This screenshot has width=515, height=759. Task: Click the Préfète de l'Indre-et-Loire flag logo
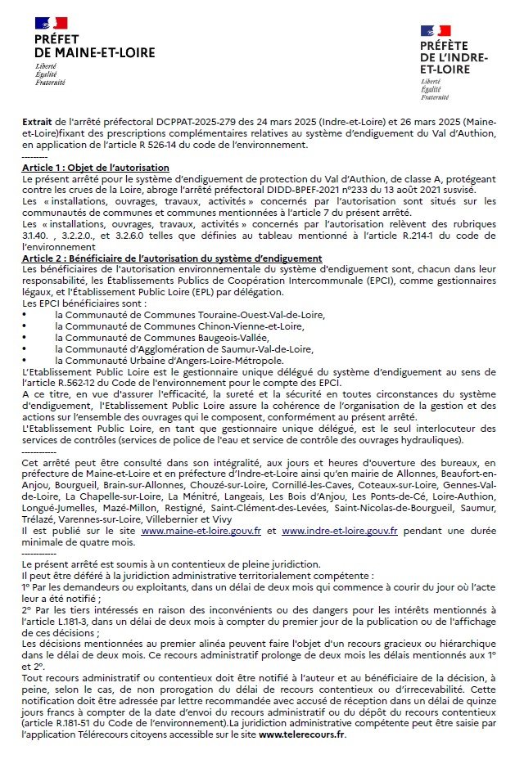tap(435, 30)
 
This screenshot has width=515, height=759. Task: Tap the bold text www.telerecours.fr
tap(302, 734)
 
